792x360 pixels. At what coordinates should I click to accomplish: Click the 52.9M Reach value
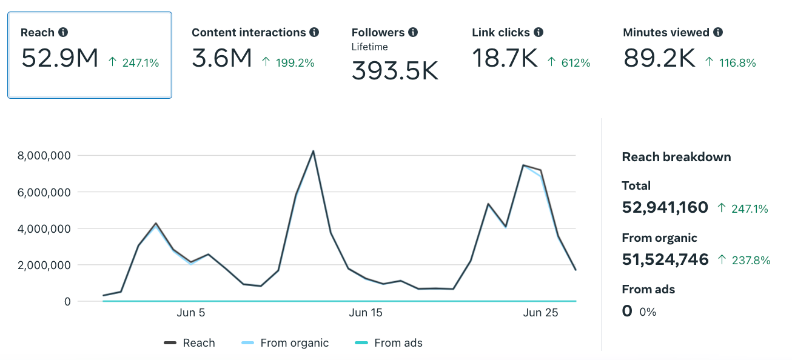tap(59, 59)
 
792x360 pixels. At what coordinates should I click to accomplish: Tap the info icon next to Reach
tap(63, 33)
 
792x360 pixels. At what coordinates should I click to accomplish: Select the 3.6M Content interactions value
tap(222, 59)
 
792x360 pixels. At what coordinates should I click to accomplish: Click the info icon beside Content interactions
tap(314, 33)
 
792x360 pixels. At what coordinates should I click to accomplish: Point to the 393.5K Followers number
tap(395, 71)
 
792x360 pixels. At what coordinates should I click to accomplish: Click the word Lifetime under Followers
tap(369, 47)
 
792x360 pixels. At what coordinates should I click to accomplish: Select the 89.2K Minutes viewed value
tap(659, 59)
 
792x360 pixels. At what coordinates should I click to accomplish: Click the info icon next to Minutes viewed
tap(718, 33)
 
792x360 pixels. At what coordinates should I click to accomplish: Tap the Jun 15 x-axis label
tap(366, 313)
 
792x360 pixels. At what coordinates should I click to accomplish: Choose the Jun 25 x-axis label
tap(540, 313)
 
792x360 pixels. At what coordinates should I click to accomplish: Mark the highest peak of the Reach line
tap(313, 151)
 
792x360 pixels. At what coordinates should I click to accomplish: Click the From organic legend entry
tap(294, 343)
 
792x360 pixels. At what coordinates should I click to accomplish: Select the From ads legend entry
tap(398, 343)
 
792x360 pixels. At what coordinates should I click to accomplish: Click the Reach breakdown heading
tap(676, 157)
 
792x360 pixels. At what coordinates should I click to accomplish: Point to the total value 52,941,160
tap(665, 207)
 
